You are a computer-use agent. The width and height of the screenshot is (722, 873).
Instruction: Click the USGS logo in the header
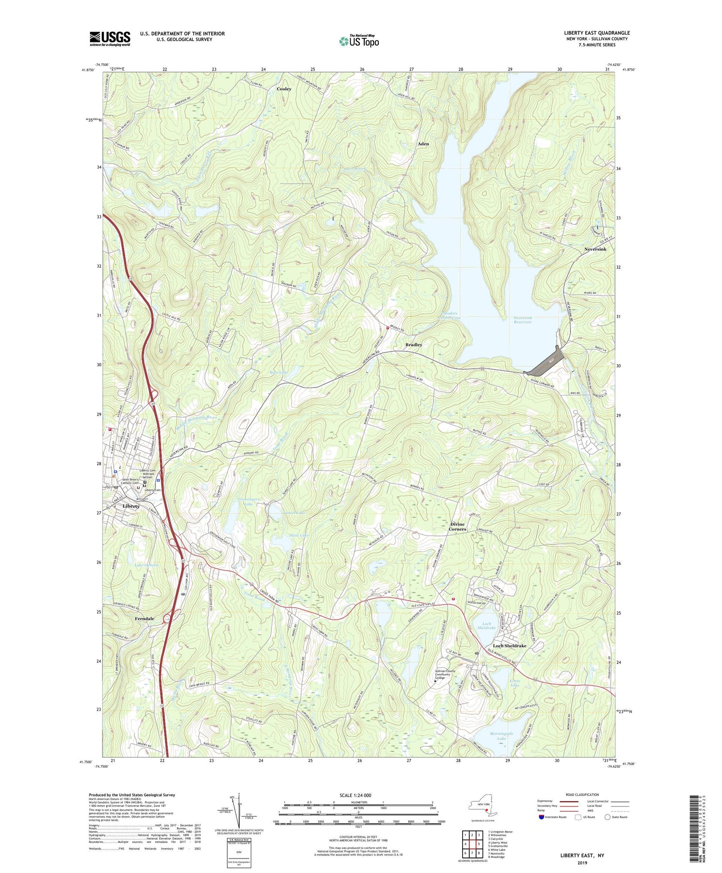[110, 38]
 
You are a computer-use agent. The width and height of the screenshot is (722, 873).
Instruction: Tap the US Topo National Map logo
[359, 41]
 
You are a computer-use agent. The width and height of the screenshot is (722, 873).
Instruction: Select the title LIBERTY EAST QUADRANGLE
[597, 33]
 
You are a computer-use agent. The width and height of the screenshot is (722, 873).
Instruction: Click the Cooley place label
[284, 89]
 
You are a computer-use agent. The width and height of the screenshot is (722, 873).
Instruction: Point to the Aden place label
[423, 144]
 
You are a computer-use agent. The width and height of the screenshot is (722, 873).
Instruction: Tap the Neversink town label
[595, 249]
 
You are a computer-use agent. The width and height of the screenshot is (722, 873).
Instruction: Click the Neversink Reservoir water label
[523, 320]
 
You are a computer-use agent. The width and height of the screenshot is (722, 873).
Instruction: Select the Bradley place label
[414, 345]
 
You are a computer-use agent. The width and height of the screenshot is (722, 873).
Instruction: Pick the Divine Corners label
[457, 526]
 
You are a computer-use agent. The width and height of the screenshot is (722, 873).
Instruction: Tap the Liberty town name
[131, 506]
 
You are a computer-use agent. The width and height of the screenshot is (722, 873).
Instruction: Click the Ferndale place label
[144, 618]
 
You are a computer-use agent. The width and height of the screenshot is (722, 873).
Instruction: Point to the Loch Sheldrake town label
[510, 645]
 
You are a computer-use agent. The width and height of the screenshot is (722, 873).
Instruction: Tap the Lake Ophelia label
[146, 565]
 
